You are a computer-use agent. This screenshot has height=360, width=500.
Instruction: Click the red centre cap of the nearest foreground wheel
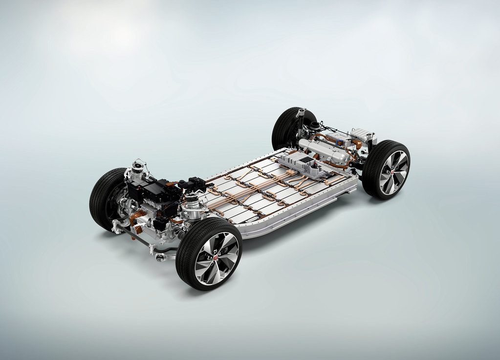(x=215, y=257)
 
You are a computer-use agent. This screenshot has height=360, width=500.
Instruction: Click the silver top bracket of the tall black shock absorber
(x=300, y=113)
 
